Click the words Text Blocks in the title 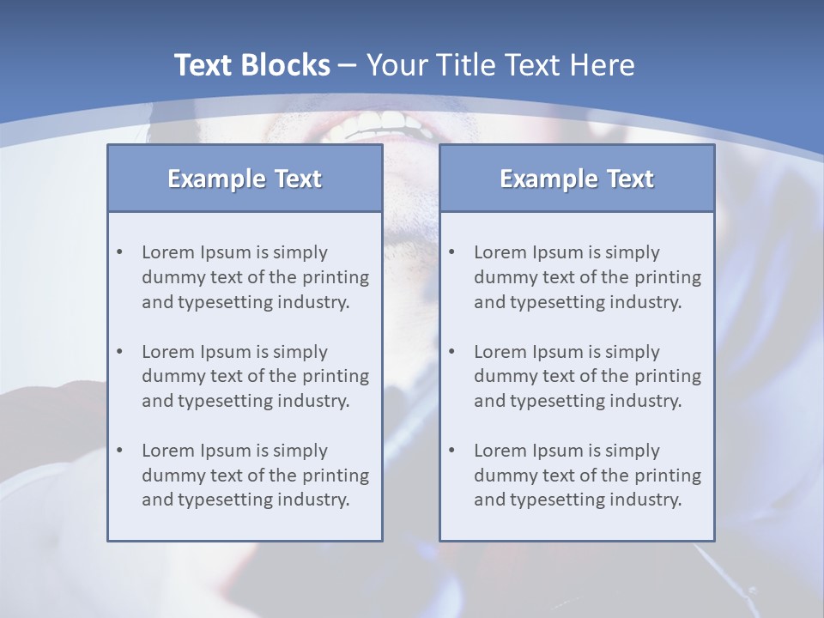(251, 65)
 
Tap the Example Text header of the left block (245, 179)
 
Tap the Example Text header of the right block (577, 179)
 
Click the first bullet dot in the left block (120, 252)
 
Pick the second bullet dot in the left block (120, 352)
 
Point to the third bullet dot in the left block (120, 451)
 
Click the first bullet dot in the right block (452, 252)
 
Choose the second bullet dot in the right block (452, 352)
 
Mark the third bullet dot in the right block (452, 451)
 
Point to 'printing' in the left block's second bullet (336, 376)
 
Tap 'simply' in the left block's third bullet (300, 451)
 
